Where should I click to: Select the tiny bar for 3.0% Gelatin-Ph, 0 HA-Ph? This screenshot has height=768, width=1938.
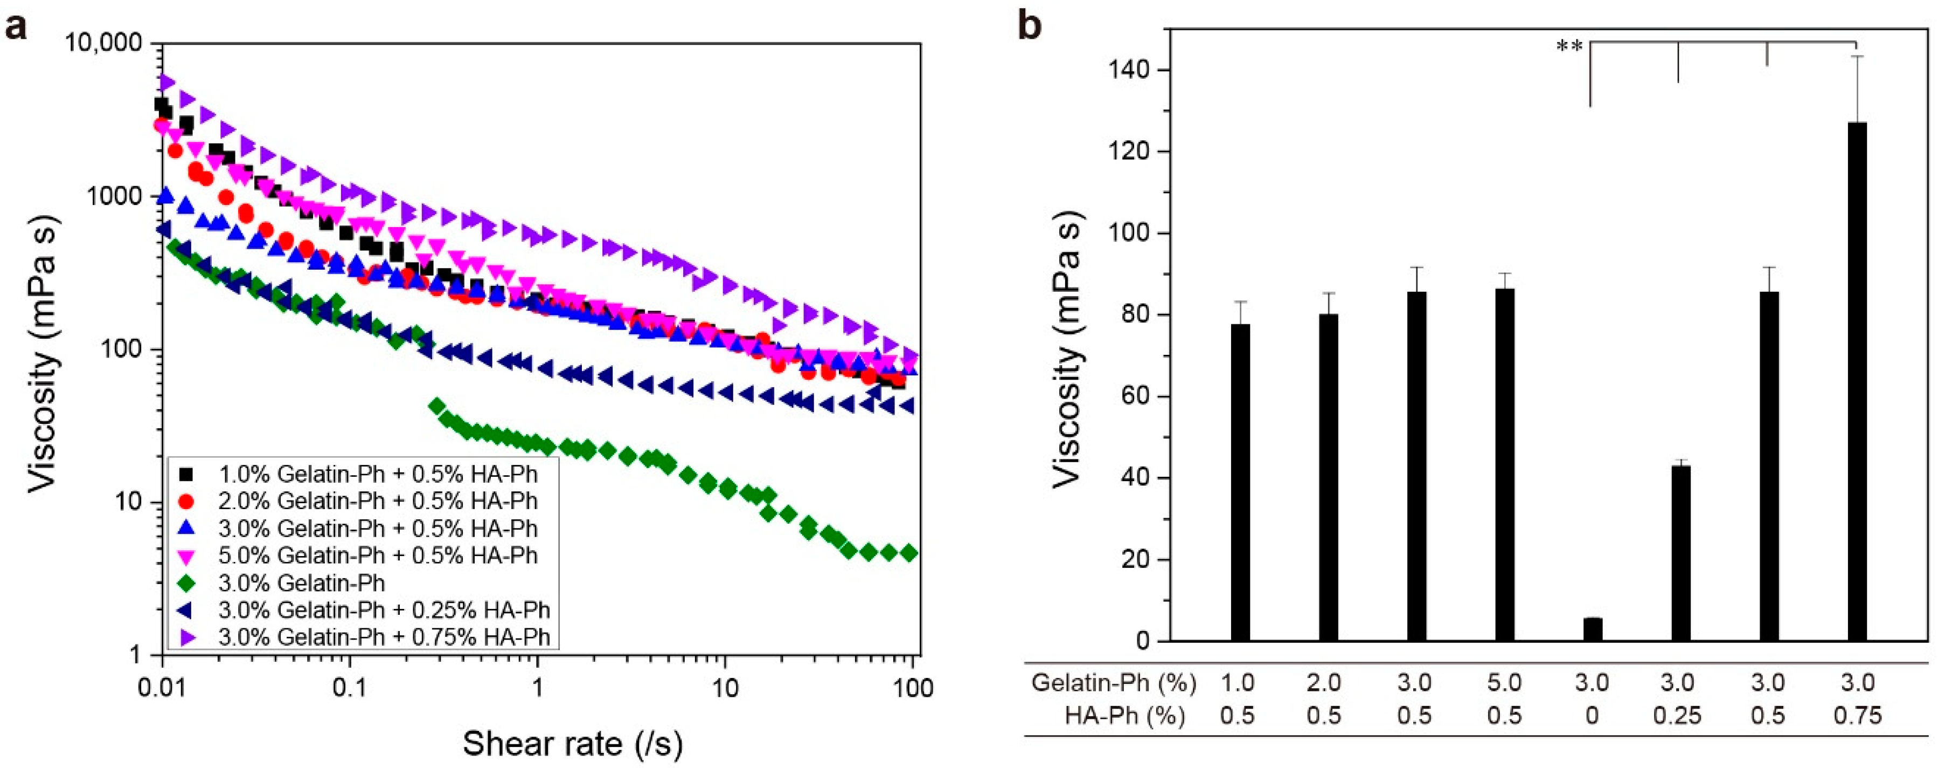(1593, 629)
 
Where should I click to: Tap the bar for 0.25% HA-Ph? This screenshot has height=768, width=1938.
(1680, 553)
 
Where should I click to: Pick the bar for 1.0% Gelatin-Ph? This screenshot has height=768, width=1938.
(1241, 482)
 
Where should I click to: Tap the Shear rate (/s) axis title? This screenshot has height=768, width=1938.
(573, 743)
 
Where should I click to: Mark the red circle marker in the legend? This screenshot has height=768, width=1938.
(188, 500)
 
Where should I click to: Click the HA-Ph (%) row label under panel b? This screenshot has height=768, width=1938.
(1125, 715)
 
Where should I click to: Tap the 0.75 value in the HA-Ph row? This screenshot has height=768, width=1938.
(1858, 715)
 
